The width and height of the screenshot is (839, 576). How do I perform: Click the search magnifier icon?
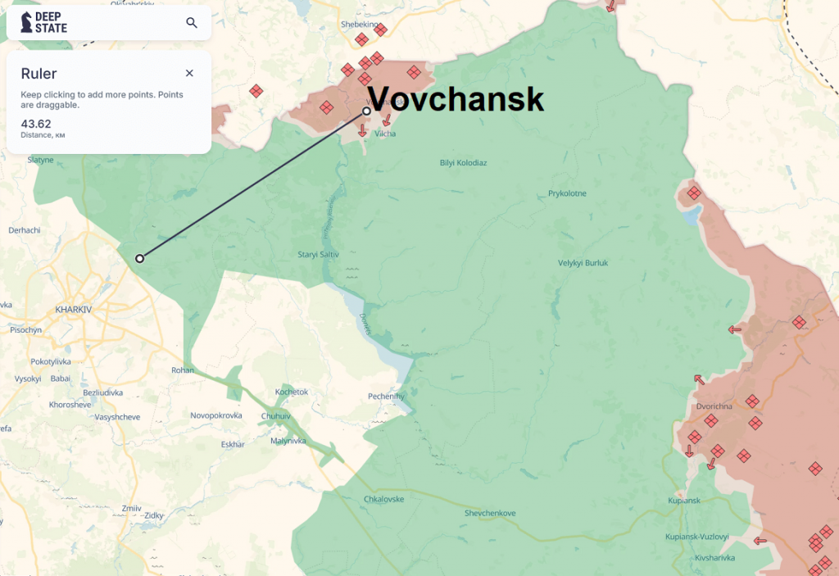[x=192, y=23]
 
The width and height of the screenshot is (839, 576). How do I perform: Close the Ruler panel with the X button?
[x=189, y=74]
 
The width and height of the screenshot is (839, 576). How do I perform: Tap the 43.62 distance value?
[x=36, y=124]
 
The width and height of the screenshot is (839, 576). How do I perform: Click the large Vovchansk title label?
[x=456, y=99]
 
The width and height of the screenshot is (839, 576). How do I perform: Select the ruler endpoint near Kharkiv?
[x=140, y=258]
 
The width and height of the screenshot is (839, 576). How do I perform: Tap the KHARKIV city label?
[x=74, y=310]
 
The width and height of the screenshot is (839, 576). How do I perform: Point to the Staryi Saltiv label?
[x=318, y=255]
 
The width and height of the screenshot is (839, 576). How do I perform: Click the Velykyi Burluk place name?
[x=583, y=263]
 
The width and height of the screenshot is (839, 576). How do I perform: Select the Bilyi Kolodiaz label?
[x=463, y=163]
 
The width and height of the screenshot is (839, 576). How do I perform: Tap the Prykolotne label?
[x=567, y=194]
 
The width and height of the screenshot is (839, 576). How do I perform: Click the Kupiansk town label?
[x=684, y=501]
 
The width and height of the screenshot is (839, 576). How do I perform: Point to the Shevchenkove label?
[x=490, y=513]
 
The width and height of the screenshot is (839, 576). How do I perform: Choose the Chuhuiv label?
[x=275, y=416]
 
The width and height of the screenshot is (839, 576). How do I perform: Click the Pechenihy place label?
[x=386, y=397]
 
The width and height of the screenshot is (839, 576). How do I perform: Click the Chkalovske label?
[x=383, y=499]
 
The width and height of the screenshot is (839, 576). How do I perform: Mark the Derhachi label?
[x=25, y=230]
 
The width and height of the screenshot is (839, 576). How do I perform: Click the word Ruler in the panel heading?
[x=39, y=74]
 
